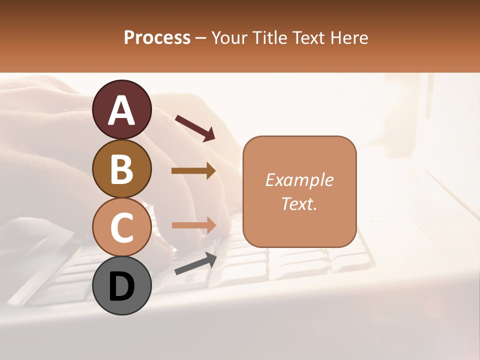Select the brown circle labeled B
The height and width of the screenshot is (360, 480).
[x=121, y=168]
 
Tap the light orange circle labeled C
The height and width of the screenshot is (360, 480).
[x=121, y=227]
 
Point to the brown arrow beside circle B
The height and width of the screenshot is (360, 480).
[x=193, y=171]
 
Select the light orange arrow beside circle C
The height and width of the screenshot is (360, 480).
[x=193, y=225]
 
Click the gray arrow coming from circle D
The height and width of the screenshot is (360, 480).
[x=195, y=263]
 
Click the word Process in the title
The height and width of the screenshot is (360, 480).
[x=157, y=37]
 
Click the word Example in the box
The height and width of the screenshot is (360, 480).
[x=299, y=180]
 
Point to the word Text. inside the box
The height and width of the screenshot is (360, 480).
[x=299, y=203]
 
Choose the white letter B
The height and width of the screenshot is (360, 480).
[x=121, y=168]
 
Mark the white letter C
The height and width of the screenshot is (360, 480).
[x=121, y=227]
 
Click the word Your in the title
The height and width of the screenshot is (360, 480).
[x=229, y=37]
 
